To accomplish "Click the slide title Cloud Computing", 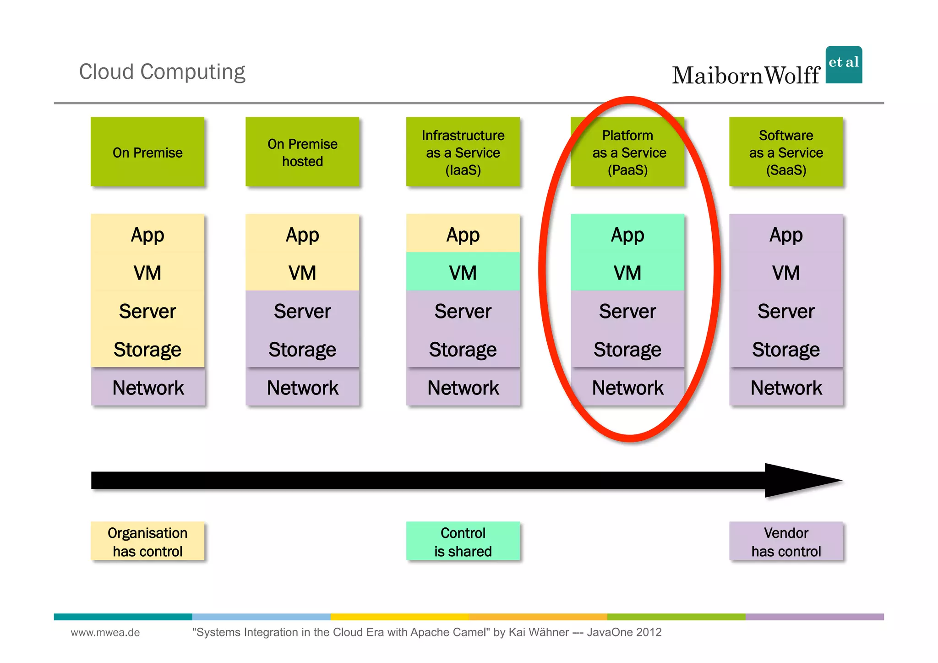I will point(162,72).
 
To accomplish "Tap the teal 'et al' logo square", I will point(844,65).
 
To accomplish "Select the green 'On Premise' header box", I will point(147,152).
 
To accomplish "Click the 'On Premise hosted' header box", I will point(302,152).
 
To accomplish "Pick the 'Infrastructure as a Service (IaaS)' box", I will point(463,152).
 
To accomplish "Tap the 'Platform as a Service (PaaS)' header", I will point(627,152).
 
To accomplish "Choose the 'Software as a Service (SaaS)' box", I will point(786,152).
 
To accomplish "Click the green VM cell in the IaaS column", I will point(463,272).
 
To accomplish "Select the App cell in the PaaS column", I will point(627,234).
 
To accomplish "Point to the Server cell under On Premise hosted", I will point(302,311).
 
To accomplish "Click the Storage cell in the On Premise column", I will point(147,349).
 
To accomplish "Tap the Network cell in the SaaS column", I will point(786,387).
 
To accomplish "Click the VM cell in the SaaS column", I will point(786,272).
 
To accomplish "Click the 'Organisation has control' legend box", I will point(147,541).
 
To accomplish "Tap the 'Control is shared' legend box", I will point(463,541).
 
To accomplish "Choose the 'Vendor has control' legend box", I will point(786,541).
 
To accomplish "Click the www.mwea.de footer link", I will point(105,632).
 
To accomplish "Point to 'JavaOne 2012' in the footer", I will point(624,632).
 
